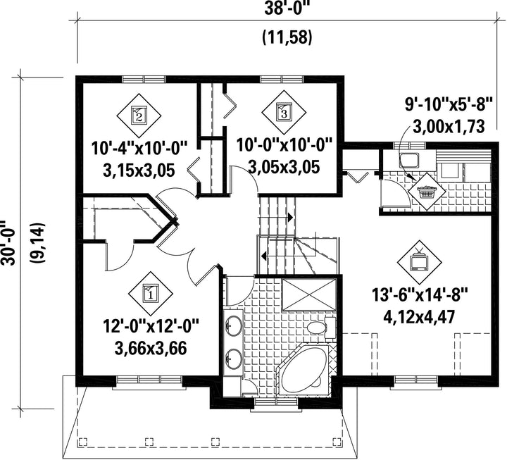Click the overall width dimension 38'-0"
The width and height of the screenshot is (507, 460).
coord(284,8)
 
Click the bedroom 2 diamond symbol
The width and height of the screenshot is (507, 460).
coord(139,116)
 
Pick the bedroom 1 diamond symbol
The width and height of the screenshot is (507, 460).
coord(151,294)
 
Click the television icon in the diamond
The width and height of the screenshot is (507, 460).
coord(420,261)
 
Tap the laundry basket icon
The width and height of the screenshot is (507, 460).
coord(426,192)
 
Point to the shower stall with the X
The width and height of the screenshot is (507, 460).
coord(309,294)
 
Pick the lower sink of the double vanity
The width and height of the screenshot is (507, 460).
coord(233,359)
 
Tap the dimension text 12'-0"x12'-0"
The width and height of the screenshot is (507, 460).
coord(151,326)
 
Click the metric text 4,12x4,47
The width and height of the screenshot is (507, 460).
coord(420,317)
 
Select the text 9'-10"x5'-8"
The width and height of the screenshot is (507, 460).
coord(449,104)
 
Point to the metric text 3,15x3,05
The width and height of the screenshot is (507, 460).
coord(139,170)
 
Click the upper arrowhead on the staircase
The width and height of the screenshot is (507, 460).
coord(290,217)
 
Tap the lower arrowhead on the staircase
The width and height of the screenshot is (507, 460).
coord(264,256)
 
